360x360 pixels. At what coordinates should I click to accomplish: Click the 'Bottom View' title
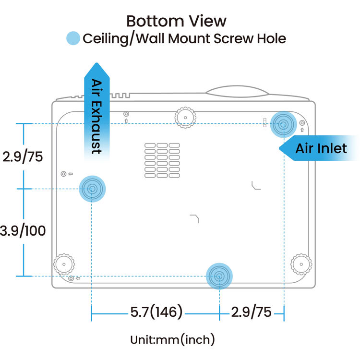(176, 21)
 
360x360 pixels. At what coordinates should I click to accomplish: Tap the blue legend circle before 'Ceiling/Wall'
(73, 38)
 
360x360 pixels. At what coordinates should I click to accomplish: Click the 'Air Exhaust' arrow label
(96, 115)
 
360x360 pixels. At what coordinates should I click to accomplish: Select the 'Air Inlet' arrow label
(321, 148)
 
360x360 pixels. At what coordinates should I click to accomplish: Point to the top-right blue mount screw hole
(283, 125)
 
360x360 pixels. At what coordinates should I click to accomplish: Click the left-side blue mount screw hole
(91, 189)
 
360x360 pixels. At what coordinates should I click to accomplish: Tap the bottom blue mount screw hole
(219, 276)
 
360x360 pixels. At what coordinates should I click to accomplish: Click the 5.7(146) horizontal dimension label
(156, 312)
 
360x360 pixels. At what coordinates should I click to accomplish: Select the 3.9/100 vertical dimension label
(23, 231)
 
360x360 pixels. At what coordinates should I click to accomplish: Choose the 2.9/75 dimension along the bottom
(251, 312)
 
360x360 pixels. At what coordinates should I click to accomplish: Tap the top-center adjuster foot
(185, 116)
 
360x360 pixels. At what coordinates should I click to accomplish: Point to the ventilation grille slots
(162, 159)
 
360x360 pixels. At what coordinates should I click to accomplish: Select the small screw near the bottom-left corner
(72, 278)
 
